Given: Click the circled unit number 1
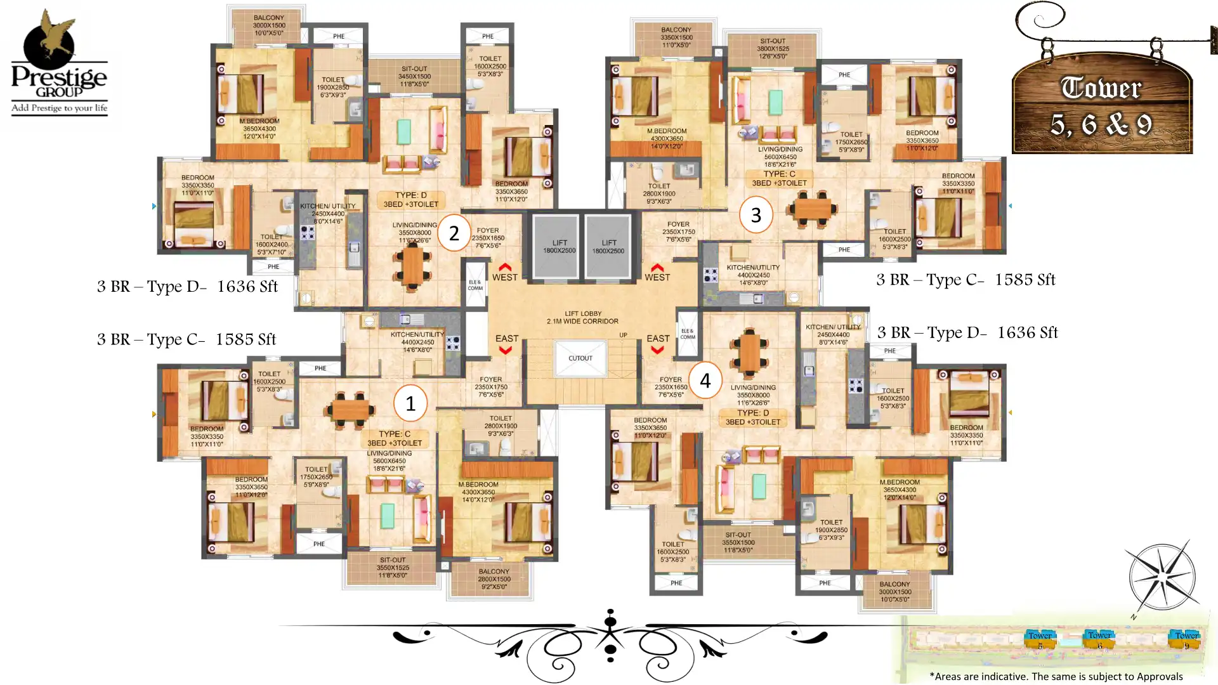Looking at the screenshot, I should [410, 403].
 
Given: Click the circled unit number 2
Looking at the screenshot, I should [454, 233].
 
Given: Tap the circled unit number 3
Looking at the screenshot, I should [756, 215].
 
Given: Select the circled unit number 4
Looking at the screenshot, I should [705, 381].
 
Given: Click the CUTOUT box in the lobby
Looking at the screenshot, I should [580, 358].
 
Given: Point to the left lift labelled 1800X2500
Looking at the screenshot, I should [559, 247].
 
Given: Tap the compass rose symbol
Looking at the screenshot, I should [1162, 577].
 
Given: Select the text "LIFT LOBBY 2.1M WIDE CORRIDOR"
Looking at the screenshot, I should [582, 317].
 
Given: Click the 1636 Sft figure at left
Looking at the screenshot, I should [247, 287].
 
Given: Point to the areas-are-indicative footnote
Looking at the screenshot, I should [1056, 676].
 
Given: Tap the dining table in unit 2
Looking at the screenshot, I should [413, 268].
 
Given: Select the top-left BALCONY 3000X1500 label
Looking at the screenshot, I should [269, 25].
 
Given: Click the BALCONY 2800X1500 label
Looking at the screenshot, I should [494, 579].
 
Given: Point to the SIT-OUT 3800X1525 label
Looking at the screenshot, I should [773, 49].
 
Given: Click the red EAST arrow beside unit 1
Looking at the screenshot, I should [506, 350].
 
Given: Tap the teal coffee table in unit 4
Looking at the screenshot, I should [758, 486].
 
